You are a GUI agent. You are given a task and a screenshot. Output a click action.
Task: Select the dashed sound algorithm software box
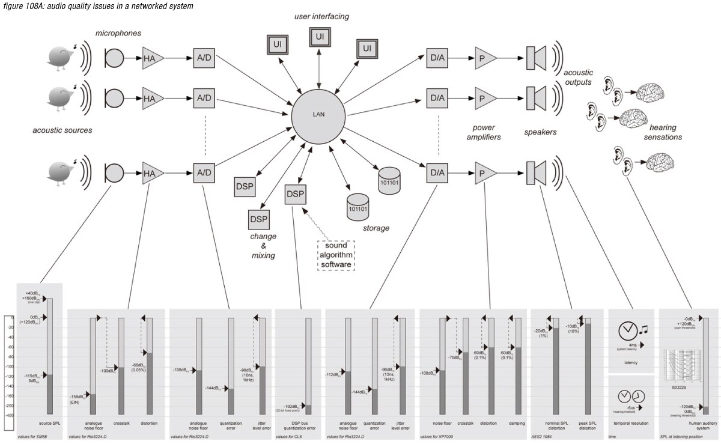(336, 255)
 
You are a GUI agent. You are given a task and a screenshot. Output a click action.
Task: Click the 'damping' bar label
(517, 423)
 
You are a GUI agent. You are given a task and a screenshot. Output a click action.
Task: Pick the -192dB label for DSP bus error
(290, 407)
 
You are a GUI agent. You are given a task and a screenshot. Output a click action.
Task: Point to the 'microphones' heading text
(118, 33)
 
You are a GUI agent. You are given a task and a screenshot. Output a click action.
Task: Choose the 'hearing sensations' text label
(665, 132)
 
